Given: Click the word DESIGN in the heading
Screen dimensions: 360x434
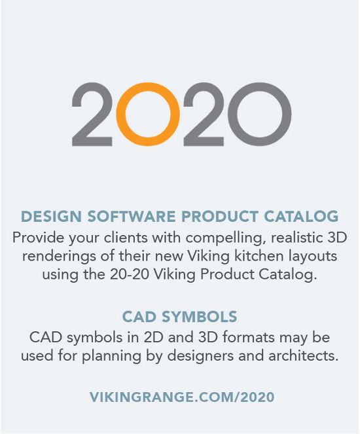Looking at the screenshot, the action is [x=51, y=216].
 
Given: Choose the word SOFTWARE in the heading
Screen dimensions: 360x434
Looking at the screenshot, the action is [x=132, y=216].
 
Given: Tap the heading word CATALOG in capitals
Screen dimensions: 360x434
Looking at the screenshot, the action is [x=301, y=216].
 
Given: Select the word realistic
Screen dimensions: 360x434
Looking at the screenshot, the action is [x=297, y=238].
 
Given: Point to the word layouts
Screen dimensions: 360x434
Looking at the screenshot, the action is [x=313, y=257].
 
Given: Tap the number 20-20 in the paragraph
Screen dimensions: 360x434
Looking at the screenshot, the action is [x=130, y=274].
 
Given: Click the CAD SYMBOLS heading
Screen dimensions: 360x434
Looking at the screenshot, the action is [x=179, y=317].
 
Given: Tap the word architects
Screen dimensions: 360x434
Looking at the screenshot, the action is [x=303, y=355].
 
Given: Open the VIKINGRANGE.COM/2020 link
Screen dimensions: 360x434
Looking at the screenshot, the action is [x=182, y=397].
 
